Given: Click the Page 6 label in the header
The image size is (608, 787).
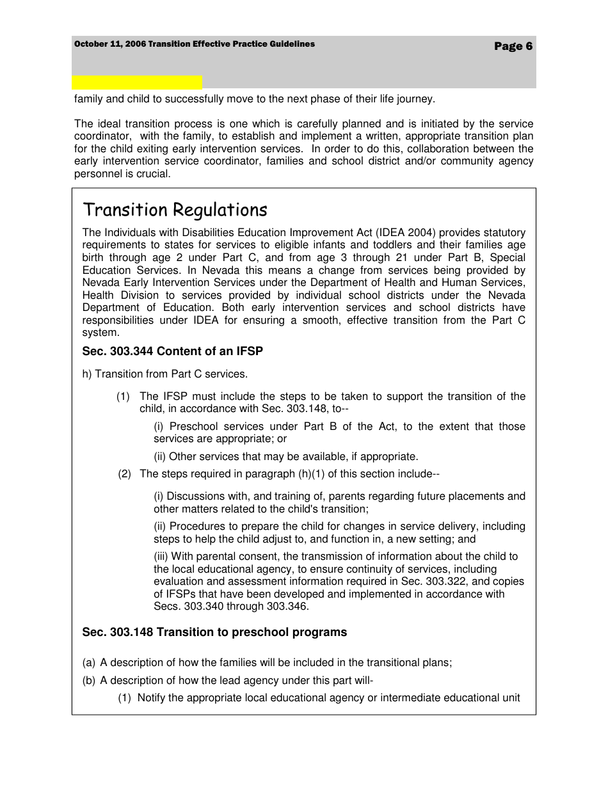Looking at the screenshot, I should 513,46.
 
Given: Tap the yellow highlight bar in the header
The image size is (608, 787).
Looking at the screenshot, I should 137,82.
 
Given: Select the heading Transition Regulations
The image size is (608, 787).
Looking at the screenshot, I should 175,210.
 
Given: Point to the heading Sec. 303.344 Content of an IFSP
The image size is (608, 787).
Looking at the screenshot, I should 172,351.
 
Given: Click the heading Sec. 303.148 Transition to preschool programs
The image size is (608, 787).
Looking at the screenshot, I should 214,632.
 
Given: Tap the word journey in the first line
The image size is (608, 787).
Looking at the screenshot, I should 415,99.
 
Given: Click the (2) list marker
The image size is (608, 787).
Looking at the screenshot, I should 124,474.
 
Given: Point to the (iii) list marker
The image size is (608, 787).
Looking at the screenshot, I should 161,557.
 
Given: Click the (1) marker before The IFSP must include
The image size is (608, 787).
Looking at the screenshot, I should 123,397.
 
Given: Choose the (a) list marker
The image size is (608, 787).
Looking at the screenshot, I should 89,663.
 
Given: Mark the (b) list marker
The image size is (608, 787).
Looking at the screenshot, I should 89,681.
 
